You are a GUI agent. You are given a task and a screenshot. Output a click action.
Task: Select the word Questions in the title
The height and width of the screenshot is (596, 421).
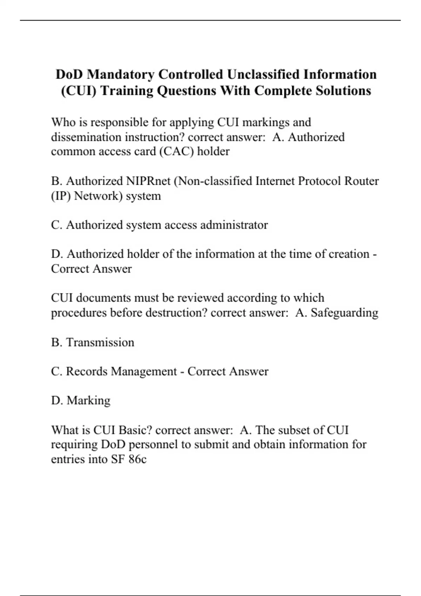[186, 91]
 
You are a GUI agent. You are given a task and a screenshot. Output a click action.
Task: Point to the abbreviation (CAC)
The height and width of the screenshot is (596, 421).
[176, 151]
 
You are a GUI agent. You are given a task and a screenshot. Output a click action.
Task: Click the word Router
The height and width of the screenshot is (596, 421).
[362, 181]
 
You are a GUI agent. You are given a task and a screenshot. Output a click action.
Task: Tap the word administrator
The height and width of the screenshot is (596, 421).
[234, 225]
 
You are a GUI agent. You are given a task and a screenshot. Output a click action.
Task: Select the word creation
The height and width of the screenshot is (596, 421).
[349, 254]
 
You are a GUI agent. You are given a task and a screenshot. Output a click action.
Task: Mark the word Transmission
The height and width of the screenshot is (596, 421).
[100, 343]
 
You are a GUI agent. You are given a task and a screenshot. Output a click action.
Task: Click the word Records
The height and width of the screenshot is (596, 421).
[86, 372]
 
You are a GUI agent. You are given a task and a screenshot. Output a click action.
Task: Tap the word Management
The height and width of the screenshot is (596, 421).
[144, 372]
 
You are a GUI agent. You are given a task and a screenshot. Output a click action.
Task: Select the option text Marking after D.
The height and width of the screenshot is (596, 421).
[88, 401]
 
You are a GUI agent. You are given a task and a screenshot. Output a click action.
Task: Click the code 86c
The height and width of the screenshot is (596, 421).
[137, 459]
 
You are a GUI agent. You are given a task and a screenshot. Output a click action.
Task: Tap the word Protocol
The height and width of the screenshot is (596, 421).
[320, 181]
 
